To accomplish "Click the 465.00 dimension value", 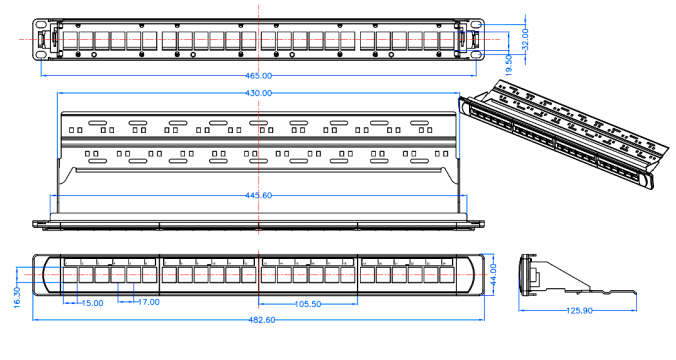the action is point(259,76).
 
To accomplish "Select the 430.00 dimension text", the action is point(259,93).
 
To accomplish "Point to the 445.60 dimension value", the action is point(259,195).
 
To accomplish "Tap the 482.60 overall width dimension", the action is point(262,320).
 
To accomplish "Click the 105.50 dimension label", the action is point(308,304).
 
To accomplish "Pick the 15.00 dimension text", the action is point(93,304).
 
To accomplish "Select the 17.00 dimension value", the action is point(149,302).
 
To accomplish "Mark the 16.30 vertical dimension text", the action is point(17,297).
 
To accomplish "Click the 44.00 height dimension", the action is point(493,274).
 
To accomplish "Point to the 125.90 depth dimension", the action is point(579,311).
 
